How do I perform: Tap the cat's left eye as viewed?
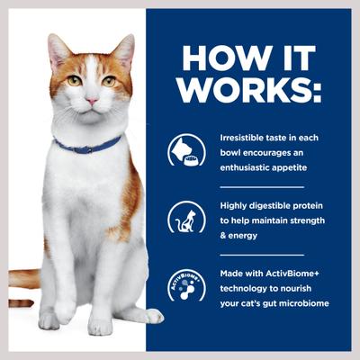click(74, 80)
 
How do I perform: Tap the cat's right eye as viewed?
click(109, 80)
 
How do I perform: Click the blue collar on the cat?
click(87, 144)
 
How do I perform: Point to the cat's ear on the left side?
click(59, 50)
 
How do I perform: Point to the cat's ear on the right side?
click(124, 49)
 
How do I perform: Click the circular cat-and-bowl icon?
click(184, 151)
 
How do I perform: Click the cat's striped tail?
click(22, 278)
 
